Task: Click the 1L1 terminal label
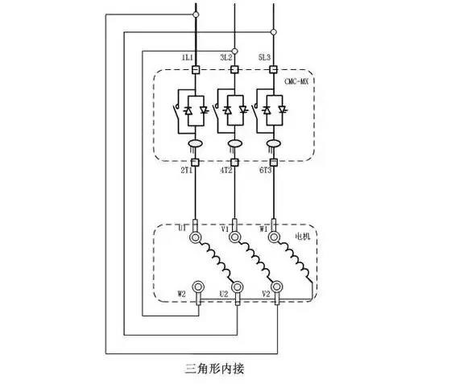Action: click(x=187, y=57)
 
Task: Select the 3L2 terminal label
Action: click(x=226, y=57)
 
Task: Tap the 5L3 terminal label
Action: click(x=264, y=57)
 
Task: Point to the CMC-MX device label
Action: click(x=296, y=81)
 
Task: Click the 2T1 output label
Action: click(x=186, y=171)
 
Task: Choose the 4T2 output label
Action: click(x=226, y=171)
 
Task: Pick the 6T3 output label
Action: click(x=265, y=171)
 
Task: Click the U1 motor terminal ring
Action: click(x=196, y=237)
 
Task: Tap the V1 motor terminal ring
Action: click(x=234, y=237)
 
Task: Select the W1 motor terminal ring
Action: click(x=274, y=237)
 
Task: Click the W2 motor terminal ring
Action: click(x=198, y=287)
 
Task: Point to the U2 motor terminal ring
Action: click(x=238, y=287)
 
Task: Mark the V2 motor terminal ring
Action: click(x=277, y=287)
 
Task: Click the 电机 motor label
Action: click(x=303, y=237)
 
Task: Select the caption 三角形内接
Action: click(x=214, y=369)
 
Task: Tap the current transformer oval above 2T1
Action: click(x=195, y=143)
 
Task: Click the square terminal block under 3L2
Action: click(x=234, y=69)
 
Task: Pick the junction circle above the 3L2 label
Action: click(x=234, y=52)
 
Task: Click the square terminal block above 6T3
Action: click(x=274, y=163)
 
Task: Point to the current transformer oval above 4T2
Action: click(x=234, y=143)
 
